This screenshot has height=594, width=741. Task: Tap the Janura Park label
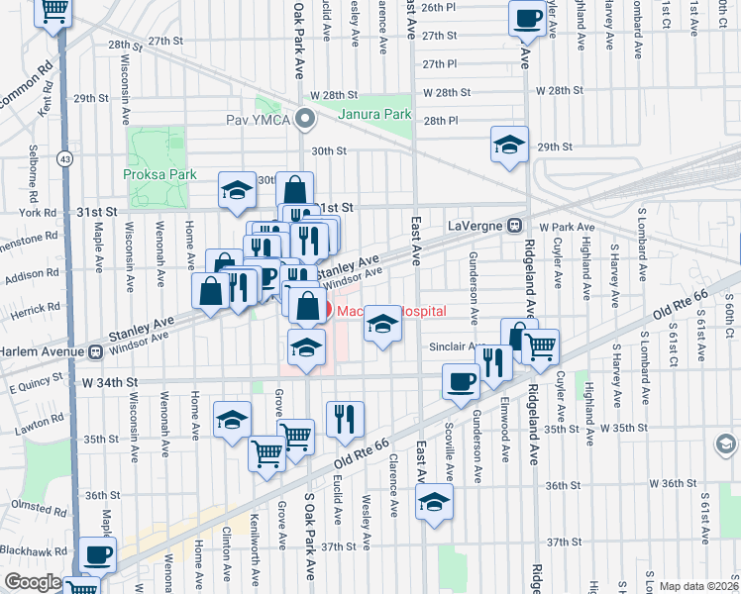pyautogui.click(x=374, y=114)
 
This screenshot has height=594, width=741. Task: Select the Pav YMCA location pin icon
pyautogui.click(x=305, y=122)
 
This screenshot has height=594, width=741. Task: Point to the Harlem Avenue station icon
pyautogui.click(x=95, y=350)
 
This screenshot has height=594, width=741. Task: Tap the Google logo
pyautogui.click(x=32, y=582)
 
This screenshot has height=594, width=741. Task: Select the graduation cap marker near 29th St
pyautogui.click(x=508, y=146)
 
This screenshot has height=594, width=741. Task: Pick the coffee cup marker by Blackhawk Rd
pyautogui.click(x=98, y=555)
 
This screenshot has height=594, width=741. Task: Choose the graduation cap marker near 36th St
pyautogui.click(x=434, y=503)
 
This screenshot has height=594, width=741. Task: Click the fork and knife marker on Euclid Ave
pyautogui.click(x=344, y=418)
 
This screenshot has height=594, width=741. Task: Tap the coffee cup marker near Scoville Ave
pyautogui.click(x=461, y=381)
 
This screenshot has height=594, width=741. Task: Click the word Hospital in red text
pyautogui.click(x=417, y=311)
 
